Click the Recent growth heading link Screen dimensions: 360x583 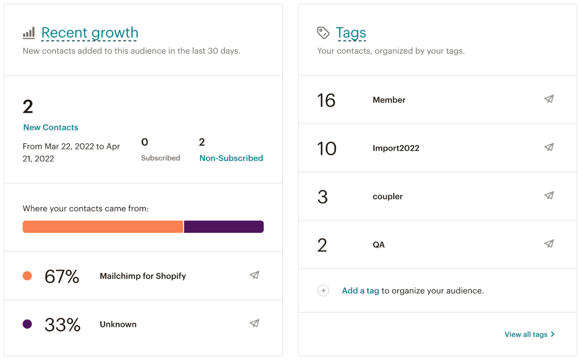pyautogui.click(x=90, y=33)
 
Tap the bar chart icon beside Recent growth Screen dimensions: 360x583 pyautogui.click(x=29, y=33)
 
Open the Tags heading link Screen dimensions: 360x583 pyautogui.click(x=351, y=33)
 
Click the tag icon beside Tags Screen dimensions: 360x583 pyautogui.click(x=323, y=33)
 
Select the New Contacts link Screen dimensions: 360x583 pyautogui.click(x=50, y=127)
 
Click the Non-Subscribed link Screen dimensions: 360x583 pyautogui.click(x=231, y=158)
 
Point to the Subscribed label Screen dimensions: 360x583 pyautogui.click(x=161, y=158)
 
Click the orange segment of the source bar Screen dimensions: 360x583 pyautogui.click(x=102, y=227)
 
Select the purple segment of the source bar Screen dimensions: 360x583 pyautogui.click(x=224, y=227)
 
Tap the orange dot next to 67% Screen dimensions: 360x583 pyautogui.click(x=27, y=276)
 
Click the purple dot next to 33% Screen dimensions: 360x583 pyautogui.click(x=27, y=324)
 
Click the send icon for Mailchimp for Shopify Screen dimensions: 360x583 pyautogui.click(x=254, y=275)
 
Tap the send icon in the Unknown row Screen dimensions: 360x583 pyautogui.click(x=254, y=323)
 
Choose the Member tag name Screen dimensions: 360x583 pyautogui.click(x=389, y=100)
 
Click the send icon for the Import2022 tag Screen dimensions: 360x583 pyautogui.click(x=549, y=147)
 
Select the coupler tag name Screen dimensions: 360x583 pyautogui.click(x=388, y=197)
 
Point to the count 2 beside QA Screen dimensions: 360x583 pyautogui.click(x=322, y=245)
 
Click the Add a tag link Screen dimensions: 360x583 pyautogui.click(x=360, y=291)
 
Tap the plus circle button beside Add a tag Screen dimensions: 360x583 pyautogui.click(x=323, y=291)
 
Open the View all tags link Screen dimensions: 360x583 pyautogui.click(x=529, y=335)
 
